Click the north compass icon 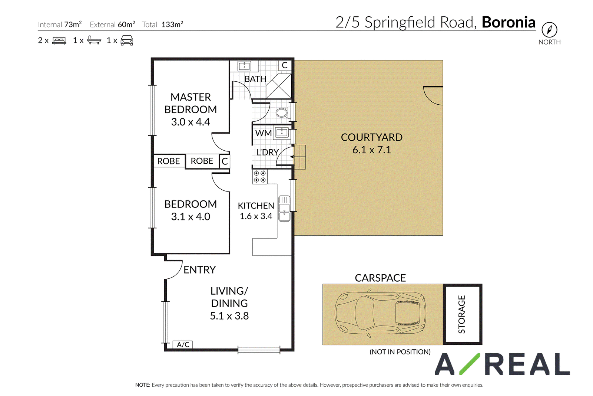pyautogui.click(x=549, y=30)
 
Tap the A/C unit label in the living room pyautogui.click(x=183, y=344)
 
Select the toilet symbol pyautogui.click(x=283, y=113)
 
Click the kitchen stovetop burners pyautogui.click(x=260, y=177)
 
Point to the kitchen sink pyautogui.click(x=284, y=209)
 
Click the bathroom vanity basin pyautogui.click(x=244, y=66)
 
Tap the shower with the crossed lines pyautogui.click(x=278, y=86)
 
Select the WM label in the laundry pyautogui.click(x=264, y=133)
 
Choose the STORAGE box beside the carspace pyautogui.click(x=463, y=314)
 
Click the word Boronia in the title pyautogui.click(x=508, y=22)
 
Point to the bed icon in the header pyautogui.click(x=59, y=40)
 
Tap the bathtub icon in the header pyautogui.click(x=94, y=40)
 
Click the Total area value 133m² pyautogui.click(x=172, y=24)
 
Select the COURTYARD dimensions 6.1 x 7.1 pyautogui.click(x=371, y=150)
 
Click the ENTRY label pyautogui.click(x=200, y=270)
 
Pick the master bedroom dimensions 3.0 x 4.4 pyautogui.click(x=191, y=122)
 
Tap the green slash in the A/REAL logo pyautogui.click(x=470, y=364)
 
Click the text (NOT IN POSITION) pyautogui.click(x=400, y=352)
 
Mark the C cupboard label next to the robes pyautogui.click(x=225, y=161)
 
